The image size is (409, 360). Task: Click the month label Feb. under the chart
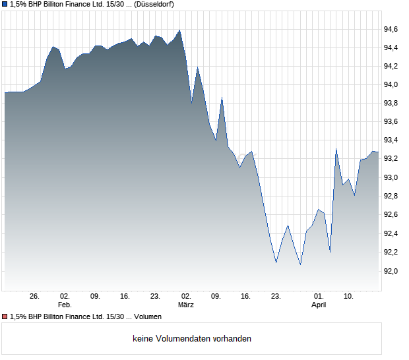tap(65, 305)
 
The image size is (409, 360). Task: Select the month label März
tap(186, 305)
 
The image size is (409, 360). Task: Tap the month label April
tap(319, 305)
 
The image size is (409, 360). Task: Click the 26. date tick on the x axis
tap(35, 297)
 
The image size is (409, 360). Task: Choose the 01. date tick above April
tap(319, 297)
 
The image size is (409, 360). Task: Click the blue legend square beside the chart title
tap(5, 4)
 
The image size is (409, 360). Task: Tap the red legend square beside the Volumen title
tap(5, 316)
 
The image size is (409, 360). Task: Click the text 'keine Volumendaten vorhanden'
tap(192, 339)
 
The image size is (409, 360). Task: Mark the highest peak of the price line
tap(179, 30)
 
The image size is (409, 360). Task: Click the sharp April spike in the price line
tap(336, 149)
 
